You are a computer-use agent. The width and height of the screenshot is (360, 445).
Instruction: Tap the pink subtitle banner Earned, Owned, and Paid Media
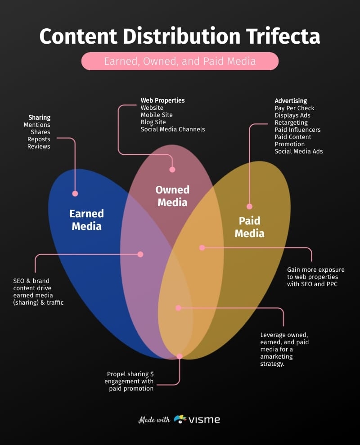[x=180, y=61]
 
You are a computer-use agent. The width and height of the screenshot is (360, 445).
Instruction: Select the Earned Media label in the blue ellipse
[x=86, y=220]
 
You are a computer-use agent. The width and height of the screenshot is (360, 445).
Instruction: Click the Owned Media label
[x=172, y=196]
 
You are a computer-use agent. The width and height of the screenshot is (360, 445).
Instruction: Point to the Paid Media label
[x=249, y=227]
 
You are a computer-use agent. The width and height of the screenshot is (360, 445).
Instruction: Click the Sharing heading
[x=40, y=117]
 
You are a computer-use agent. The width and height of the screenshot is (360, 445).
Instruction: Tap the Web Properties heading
[x=162, y=100]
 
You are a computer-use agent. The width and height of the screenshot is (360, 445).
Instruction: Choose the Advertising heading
[x=291, y=101]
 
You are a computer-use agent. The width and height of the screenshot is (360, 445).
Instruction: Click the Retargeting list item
[x=291, y=122]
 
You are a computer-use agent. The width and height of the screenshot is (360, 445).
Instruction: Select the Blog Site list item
[x=153, y=122]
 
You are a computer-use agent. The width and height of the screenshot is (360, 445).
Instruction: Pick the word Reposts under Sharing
[x=39, y=139]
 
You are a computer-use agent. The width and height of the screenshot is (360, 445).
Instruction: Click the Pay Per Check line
[x=294, y=108]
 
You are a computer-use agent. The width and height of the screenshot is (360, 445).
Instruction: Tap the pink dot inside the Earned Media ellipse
[x=75, y=193]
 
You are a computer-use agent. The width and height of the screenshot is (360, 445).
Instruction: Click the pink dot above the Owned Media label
[x=172, y=170]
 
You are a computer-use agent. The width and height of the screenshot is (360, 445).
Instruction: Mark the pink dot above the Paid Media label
[x=249, y=207]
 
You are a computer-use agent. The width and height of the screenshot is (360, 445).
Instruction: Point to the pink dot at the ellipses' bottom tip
[x=180, y=356]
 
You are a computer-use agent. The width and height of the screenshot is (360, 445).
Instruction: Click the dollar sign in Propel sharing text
[x=152, y=374]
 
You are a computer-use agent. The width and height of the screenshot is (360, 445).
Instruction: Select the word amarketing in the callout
[x=276, y=356]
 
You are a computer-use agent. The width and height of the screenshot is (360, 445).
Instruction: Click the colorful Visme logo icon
[x=180, y=419]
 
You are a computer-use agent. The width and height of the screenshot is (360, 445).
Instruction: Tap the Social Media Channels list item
[x=172, y=129]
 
